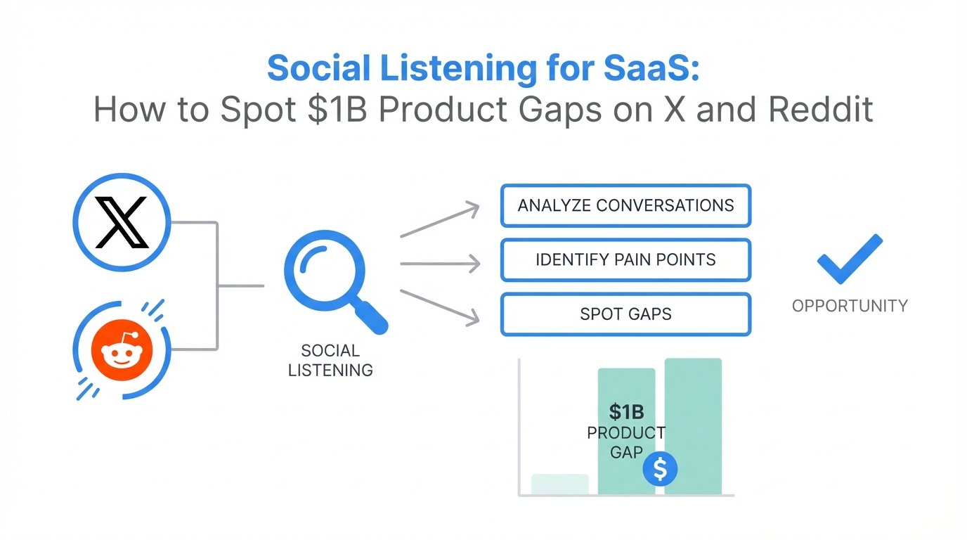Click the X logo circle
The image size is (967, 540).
tap(122, 221)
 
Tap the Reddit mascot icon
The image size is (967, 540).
tap(122, 350)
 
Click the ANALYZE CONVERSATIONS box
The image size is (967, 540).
tap(625, 205)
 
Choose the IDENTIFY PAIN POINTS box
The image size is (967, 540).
tap(625, 259)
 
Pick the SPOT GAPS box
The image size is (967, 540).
tap(625, 314)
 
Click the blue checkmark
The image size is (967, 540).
tap(849, 260)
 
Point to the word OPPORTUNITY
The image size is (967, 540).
tap(850, 306)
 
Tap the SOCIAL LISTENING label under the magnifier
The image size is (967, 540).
tap(330, 360)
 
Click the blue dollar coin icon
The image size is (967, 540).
tap(660, 469)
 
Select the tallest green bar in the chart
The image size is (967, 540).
tap(693, 426)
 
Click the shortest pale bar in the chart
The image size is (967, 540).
tap(559, 484)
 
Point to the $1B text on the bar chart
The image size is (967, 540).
tap(625, 412)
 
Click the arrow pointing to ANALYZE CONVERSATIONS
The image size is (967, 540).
tap(440, 219)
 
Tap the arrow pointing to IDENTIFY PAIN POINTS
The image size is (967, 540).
tap(440, 264)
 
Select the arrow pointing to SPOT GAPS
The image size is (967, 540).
tap(440, 306)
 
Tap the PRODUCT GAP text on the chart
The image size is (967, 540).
tap(625, 442)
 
